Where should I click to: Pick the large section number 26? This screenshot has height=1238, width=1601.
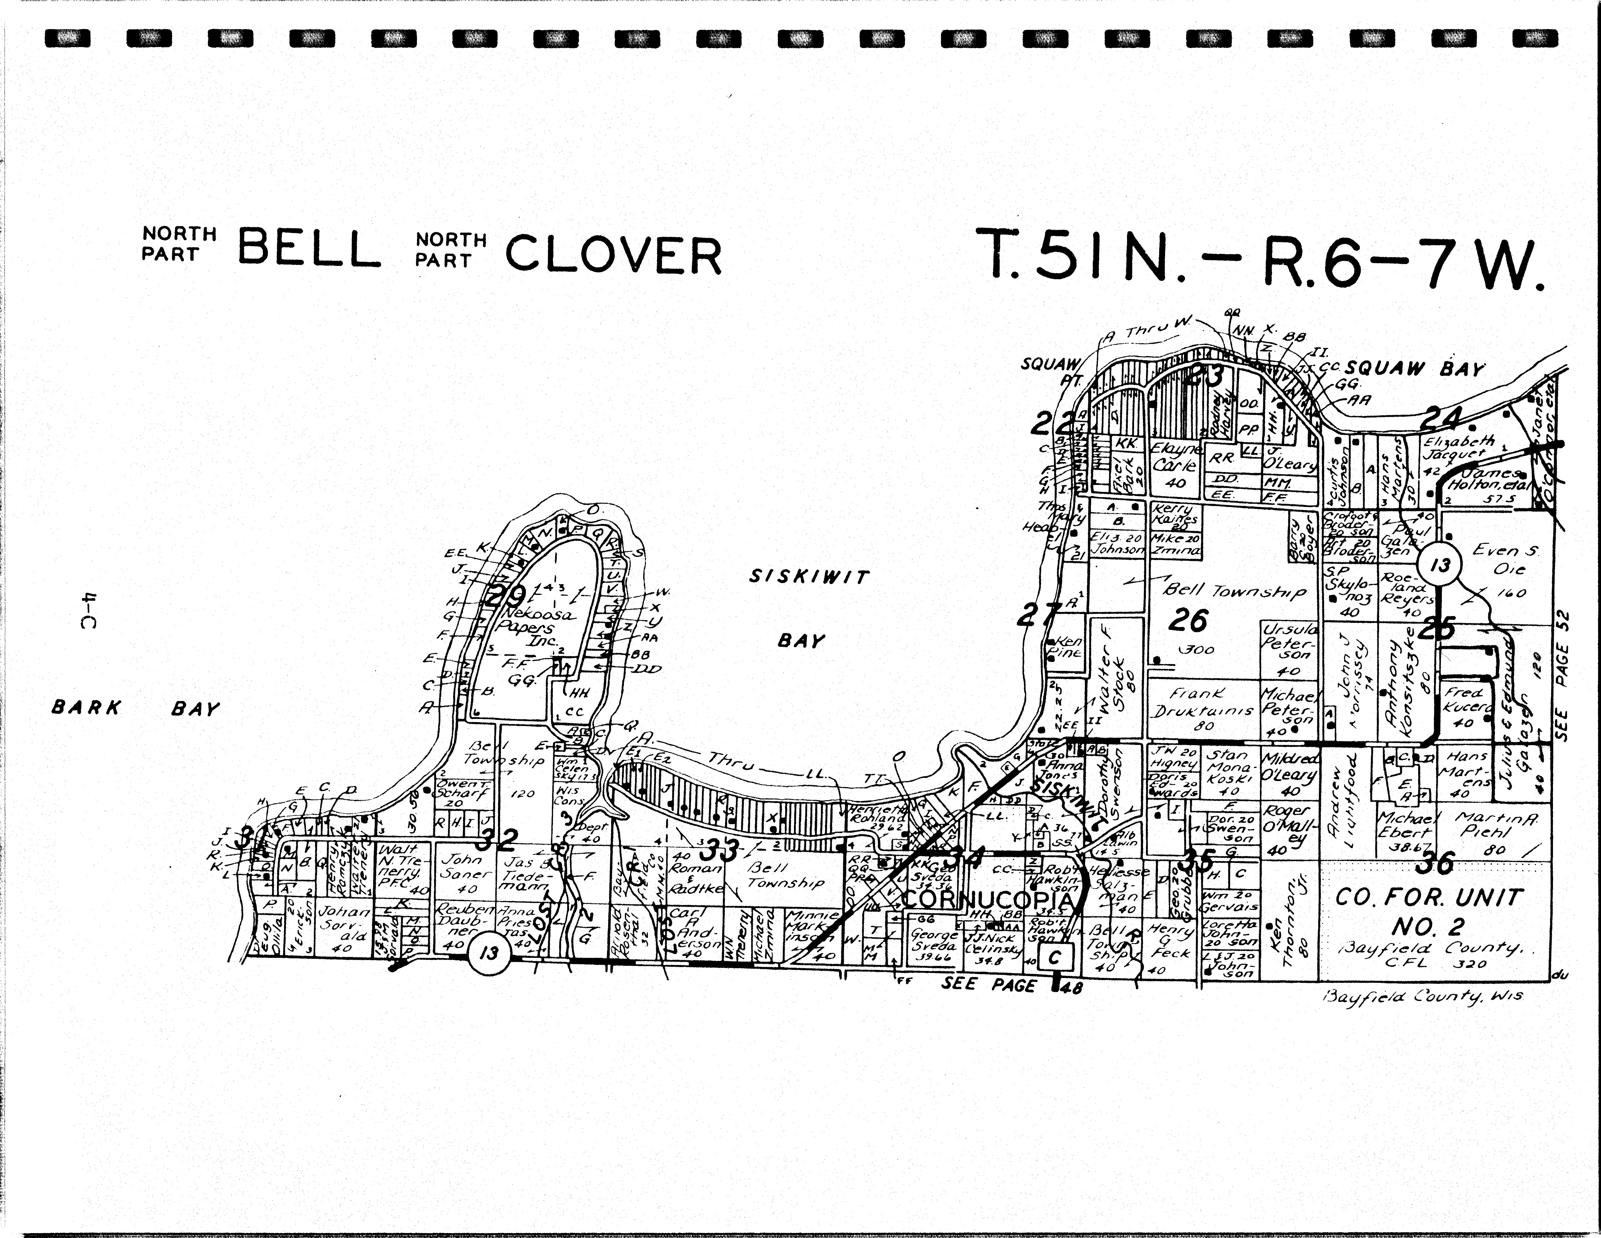(1188, 620)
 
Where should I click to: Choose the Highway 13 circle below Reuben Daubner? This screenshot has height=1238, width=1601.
(488, 953)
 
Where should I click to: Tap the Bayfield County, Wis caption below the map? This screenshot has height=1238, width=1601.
(1422, 997)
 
